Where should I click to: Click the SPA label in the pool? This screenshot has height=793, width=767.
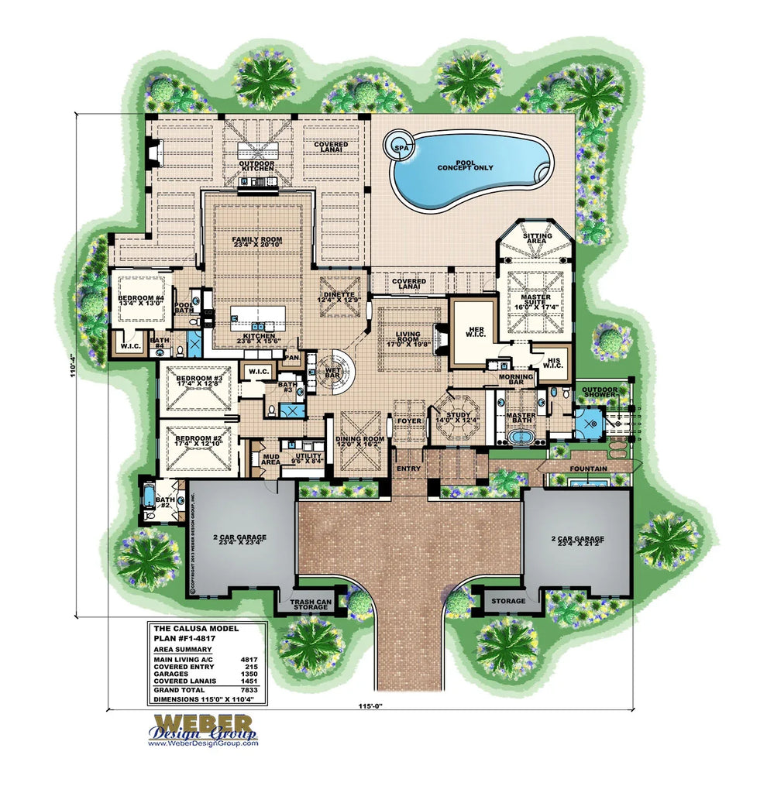401,147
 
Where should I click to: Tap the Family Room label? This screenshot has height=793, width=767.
256,244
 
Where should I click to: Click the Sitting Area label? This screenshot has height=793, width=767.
537,239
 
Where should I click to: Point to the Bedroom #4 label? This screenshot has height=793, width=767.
140,300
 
